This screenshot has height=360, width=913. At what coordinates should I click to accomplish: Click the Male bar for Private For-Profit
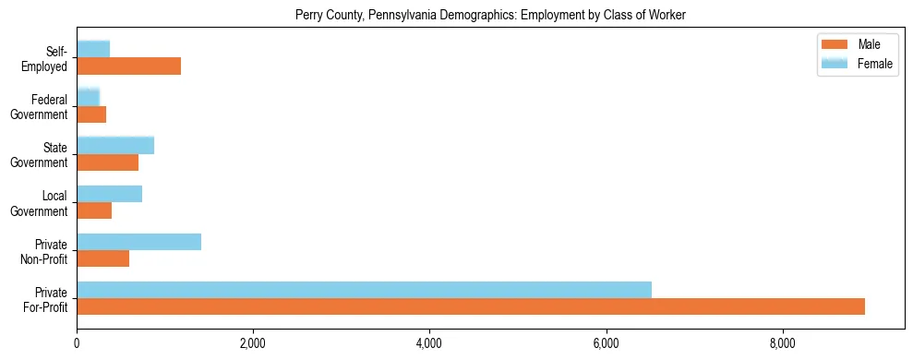(x=471, y=306)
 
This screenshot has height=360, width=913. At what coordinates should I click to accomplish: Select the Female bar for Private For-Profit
(x=364, y=290)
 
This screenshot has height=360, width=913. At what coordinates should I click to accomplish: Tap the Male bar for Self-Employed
(x=128, y=66)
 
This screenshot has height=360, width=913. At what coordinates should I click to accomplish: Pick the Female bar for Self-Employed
(x=93, y=49)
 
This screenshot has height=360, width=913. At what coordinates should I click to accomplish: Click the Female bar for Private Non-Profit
(x=138, y=242)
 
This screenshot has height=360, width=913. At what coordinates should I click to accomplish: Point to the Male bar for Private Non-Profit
(x=102, y=258)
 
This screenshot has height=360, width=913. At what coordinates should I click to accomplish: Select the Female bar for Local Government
(x=109, y=194)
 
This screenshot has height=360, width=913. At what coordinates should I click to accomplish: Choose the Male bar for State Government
(x=107, y=162)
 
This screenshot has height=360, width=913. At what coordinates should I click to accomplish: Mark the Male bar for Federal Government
(x=91, y=114)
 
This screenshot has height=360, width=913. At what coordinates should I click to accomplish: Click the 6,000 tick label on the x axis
(x=606, y=344)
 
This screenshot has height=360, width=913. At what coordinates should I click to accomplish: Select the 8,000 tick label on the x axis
(x=782, y=344)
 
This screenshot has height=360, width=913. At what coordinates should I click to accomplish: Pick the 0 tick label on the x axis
(x=77, y=344)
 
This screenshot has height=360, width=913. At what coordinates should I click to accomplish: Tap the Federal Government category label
(x=40, y=107)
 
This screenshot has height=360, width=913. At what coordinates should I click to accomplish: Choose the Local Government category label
(x=40, y=203)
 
